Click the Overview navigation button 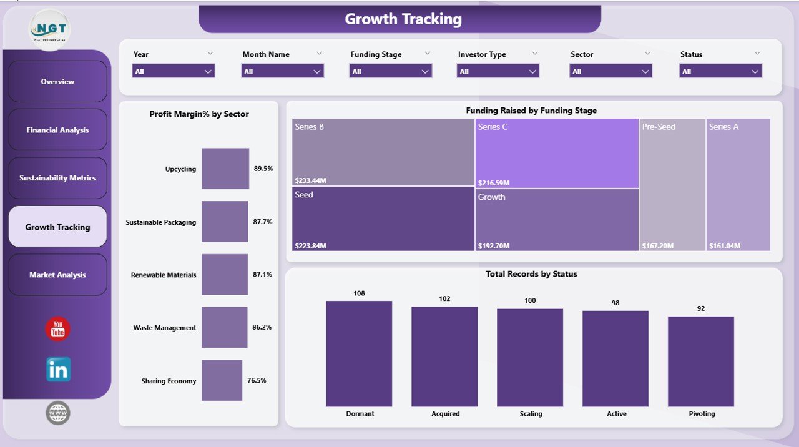point(57,82)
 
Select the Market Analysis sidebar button point(57,275)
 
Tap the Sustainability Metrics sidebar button point(57,178)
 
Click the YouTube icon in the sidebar point(58,329)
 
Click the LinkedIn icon point(58,370)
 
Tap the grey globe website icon point(58,413)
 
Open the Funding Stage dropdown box point(391,71)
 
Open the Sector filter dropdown point(610,71)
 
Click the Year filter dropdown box point(174,71)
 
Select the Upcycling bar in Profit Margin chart point(225,169)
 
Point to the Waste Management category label point(165,328)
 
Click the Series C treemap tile point(557,153)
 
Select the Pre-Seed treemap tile point(672,184)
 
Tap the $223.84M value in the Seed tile point(310,246)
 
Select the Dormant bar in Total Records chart point(359,353)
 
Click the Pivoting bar point(701,361)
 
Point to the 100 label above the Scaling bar point(530,301)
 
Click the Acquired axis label point(445,414)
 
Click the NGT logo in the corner point(50,29)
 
